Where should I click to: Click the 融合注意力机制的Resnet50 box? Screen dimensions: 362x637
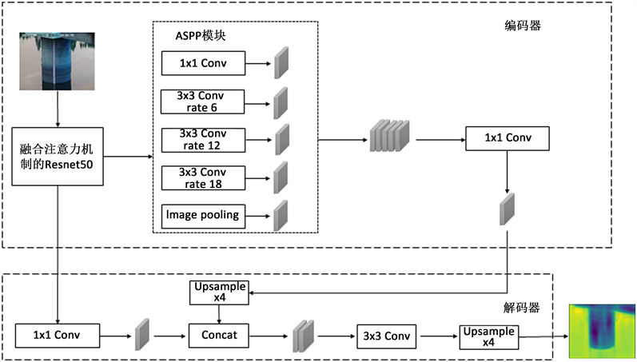click(58, 156)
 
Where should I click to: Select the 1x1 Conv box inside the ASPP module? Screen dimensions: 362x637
click(203, 62)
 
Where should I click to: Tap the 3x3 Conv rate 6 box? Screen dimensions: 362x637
click(203, 101)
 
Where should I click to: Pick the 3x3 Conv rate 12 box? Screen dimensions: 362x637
click(203, 139)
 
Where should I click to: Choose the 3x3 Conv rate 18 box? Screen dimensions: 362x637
click(203, 177)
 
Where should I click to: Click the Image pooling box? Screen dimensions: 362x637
click(203, 214)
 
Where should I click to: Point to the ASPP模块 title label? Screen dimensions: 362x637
click(201, 36)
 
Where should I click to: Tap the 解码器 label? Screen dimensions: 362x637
click(521, 306)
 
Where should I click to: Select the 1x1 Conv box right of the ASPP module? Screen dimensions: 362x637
click(506, 139)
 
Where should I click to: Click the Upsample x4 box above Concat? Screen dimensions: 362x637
click(219, 292)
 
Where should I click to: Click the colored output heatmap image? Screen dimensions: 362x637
click(601, 330)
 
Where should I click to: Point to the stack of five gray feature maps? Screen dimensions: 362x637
click(389, 137)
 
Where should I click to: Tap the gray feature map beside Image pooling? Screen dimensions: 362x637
click(281, 215)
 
